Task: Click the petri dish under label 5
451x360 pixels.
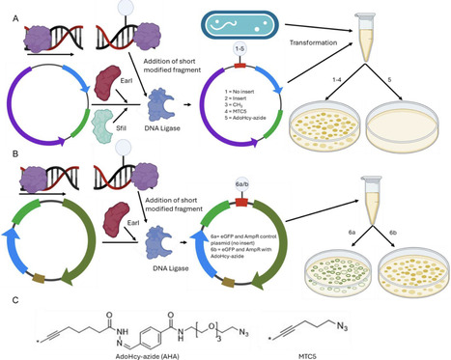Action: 412,123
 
